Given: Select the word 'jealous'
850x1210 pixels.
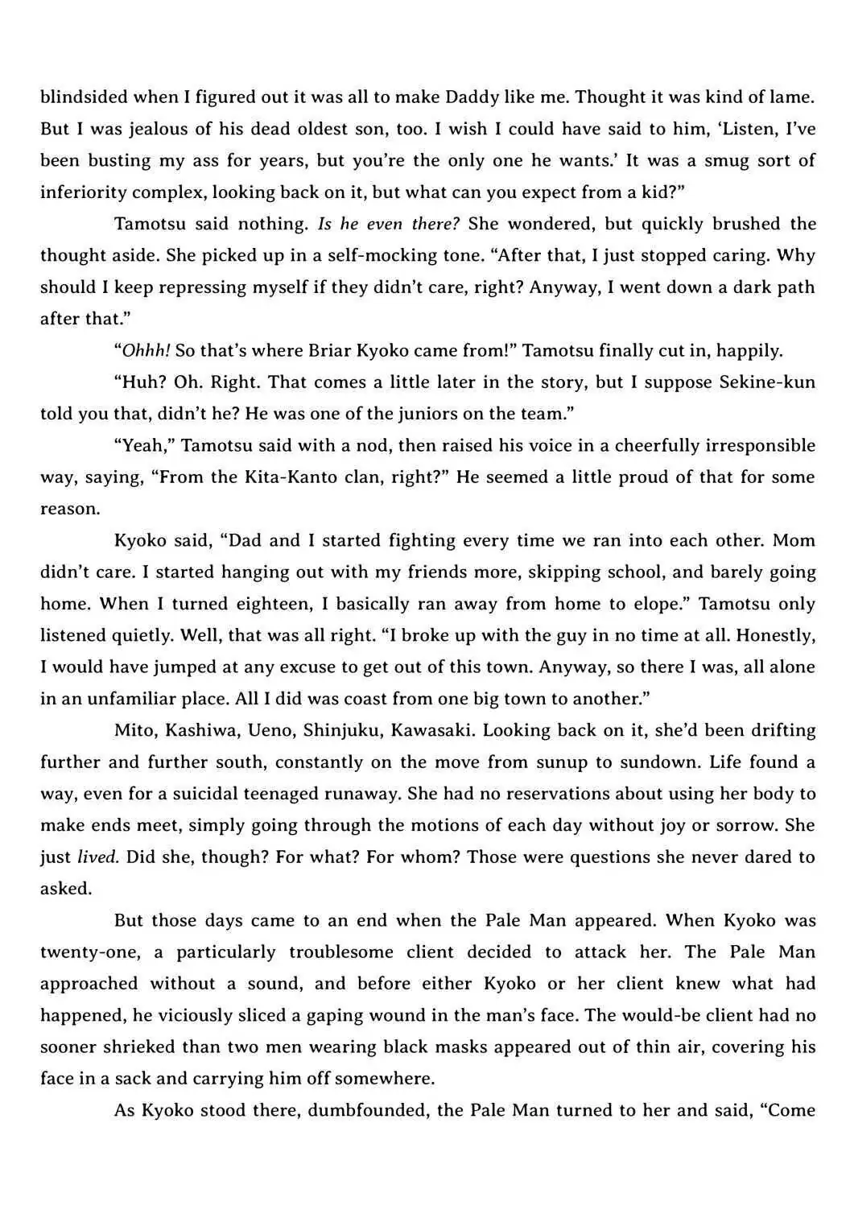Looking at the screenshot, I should coord(146,129).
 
